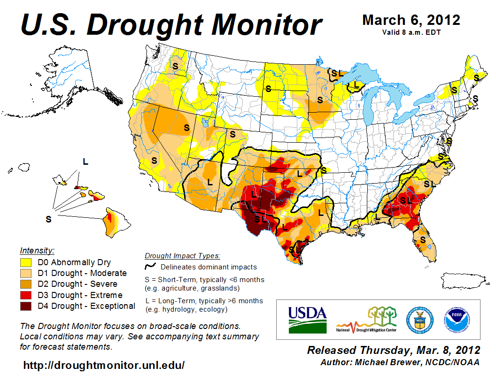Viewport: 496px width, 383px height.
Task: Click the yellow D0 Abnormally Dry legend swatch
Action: coord(26,262)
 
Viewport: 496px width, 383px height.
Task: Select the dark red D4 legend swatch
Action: coord(26,306)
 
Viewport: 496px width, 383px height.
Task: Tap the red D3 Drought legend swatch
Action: coord(26,295)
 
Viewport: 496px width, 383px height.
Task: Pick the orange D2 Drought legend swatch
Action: coord(26,284)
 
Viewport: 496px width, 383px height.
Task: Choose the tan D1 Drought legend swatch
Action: coord(26,273)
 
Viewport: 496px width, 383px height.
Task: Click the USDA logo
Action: coord(308,320)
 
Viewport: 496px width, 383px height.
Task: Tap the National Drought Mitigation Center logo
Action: coord(366,320)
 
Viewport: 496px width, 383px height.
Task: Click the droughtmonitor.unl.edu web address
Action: coord(104,365)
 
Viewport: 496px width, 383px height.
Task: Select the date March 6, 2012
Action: coord(411,20)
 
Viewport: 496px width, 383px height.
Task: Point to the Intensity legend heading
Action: coord(37,250)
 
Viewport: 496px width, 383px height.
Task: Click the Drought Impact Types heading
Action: coord(182,256)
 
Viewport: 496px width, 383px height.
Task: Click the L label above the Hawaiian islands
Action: coord(85,162)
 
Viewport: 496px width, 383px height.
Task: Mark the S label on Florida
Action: coord(423,240)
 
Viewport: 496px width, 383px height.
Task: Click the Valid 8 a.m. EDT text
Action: coord(411,32)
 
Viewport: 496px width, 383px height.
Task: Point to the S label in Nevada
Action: coord(186,127)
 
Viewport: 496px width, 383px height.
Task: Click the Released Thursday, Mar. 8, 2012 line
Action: coord(394,350)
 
